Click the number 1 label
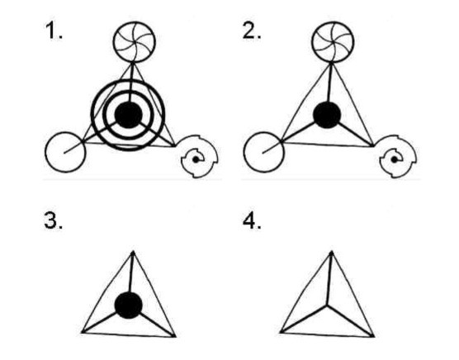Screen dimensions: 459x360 pyautogui.click(x=54, y=31)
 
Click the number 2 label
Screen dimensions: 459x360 pyautogui.click(x=252, y=31)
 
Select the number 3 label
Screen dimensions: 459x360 pyautogui.click(x=53, y=220)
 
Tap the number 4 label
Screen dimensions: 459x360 pyautogui.click(x=252, y=220)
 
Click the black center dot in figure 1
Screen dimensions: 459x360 pyautogui.click(x=129, y=115)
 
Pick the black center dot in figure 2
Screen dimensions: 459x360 pyautogui.click(x=327, y=115)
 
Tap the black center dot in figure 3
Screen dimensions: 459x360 pyautogui.click(x=129, y=306)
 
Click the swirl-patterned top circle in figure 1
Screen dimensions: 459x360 pyautogui.click(x=135, y=41)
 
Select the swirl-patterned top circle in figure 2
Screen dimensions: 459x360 pyautogui.click(x=333, y=41)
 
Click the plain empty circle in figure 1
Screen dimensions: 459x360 pyautogui.click(x=65, y=152)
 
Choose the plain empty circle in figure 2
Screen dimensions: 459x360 pyautogui.click(x=263, y=152)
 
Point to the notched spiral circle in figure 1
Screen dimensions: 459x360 pyautogui.click(x=199, y=157)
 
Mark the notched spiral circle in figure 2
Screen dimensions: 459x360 pyautogui.click(x=398, y=157)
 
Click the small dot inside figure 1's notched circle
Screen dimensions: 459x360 pyautogui.click(x=196, y=160)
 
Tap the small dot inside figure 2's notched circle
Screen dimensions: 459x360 pyautogui.click(x=395, y=160)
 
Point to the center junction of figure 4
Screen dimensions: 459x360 pyautogui.click(x=327, y=306)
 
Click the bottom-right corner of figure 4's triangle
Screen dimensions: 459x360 pyautogui.click(x=374, y=336)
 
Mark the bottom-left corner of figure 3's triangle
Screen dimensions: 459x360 pyautogui.click(x=83, y=332)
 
